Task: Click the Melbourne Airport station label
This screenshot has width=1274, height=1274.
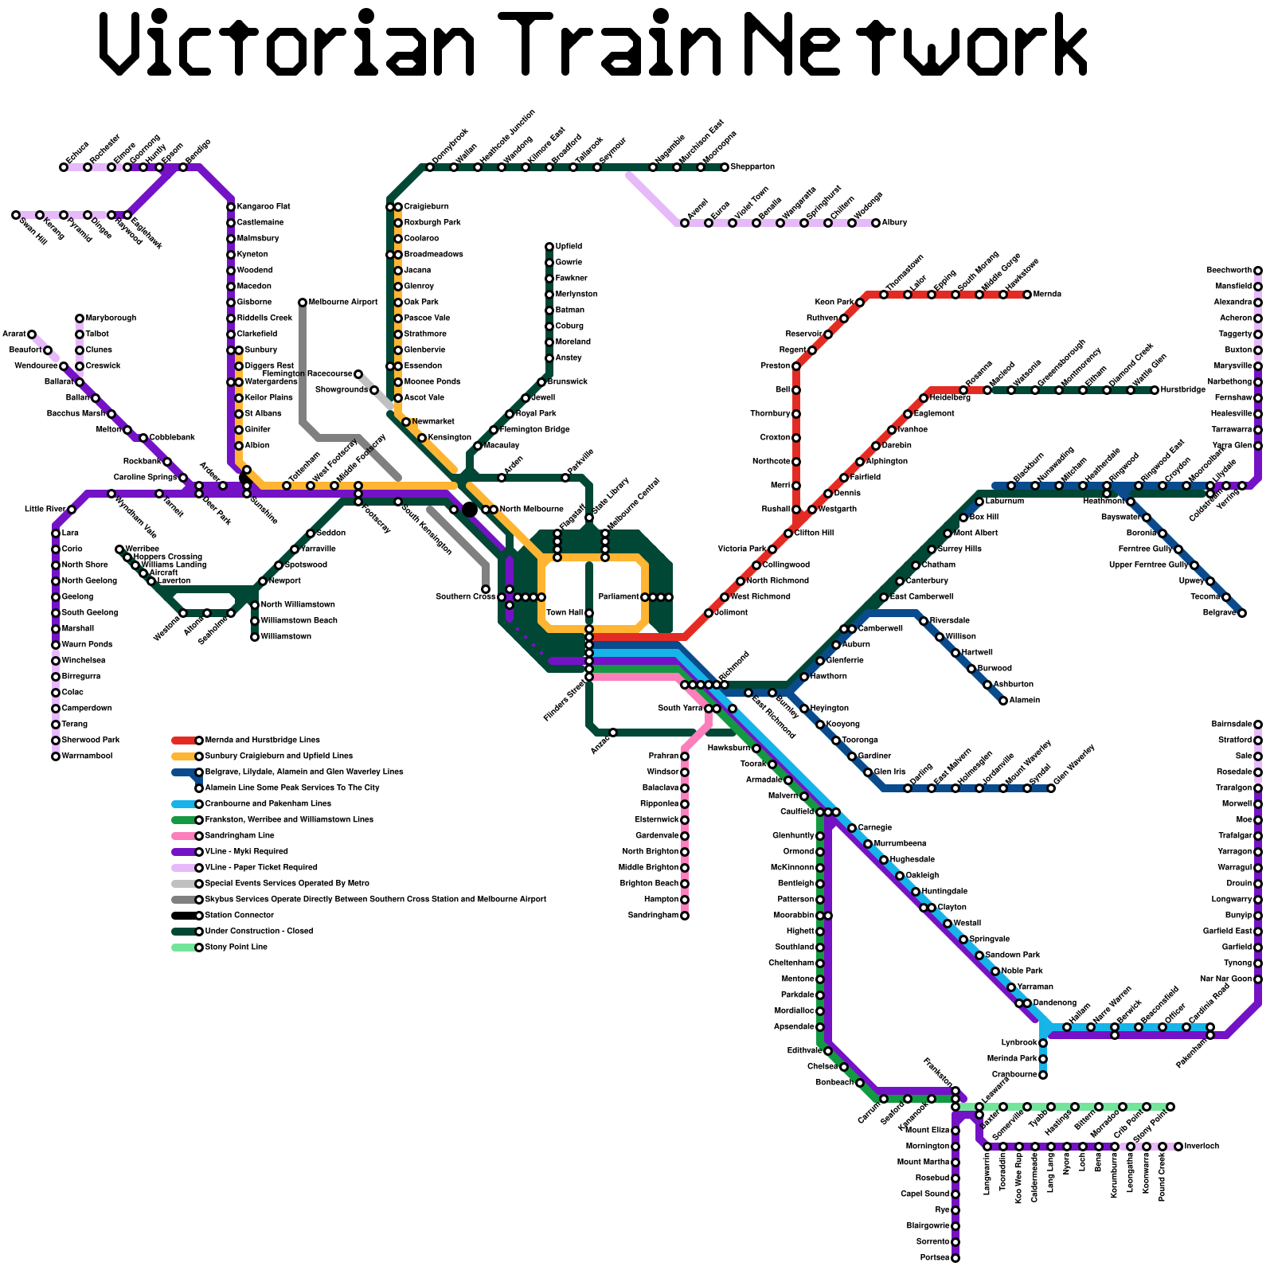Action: point(343,303)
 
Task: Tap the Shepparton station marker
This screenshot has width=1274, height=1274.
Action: point(725,167)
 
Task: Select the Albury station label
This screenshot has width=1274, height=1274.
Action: point(894,223)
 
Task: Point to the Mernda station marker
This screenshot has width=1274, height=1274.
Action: point(1027,295)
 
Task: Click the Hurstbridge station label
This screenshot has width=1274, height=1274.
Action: point(1183,390)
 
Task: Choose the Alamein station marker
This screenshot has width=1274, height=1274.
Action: point(1003,701)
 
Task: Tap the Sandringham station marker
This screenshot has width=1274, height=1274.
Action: point(685,916)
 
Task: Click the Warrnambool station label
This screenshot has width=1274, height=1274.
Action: point(87,756)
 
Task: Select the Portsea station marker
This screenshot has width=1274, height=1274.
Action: point(955,1258)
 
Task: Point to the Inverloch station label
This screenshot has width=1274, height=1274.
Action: point(1202,1147)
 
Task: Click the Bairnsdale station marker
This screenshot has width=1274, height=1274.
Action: point(1258,725)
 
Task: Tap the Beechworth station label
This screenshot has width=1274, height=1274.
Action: point(1229,271)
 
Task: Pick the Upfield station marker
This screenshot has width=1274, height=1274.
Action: point(549,247)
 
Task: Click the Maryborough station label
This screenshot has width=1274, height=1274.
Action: point(111,318)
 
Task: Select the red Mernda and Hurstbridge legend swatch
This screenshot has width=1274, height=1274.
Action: point(183,741)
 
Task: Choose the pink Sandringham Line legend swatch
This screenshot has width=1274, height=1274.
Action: point(183,836)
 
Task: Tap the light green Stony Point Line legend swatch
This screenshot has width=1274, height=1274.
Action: point(183,948)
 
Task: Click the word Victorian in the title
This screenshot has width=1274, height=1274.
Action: point(287,44)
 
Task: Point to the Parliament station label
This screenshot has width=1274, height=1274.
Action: point(618,597)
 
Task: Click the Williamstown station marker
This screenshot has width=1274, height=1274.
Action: point(255,637)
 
